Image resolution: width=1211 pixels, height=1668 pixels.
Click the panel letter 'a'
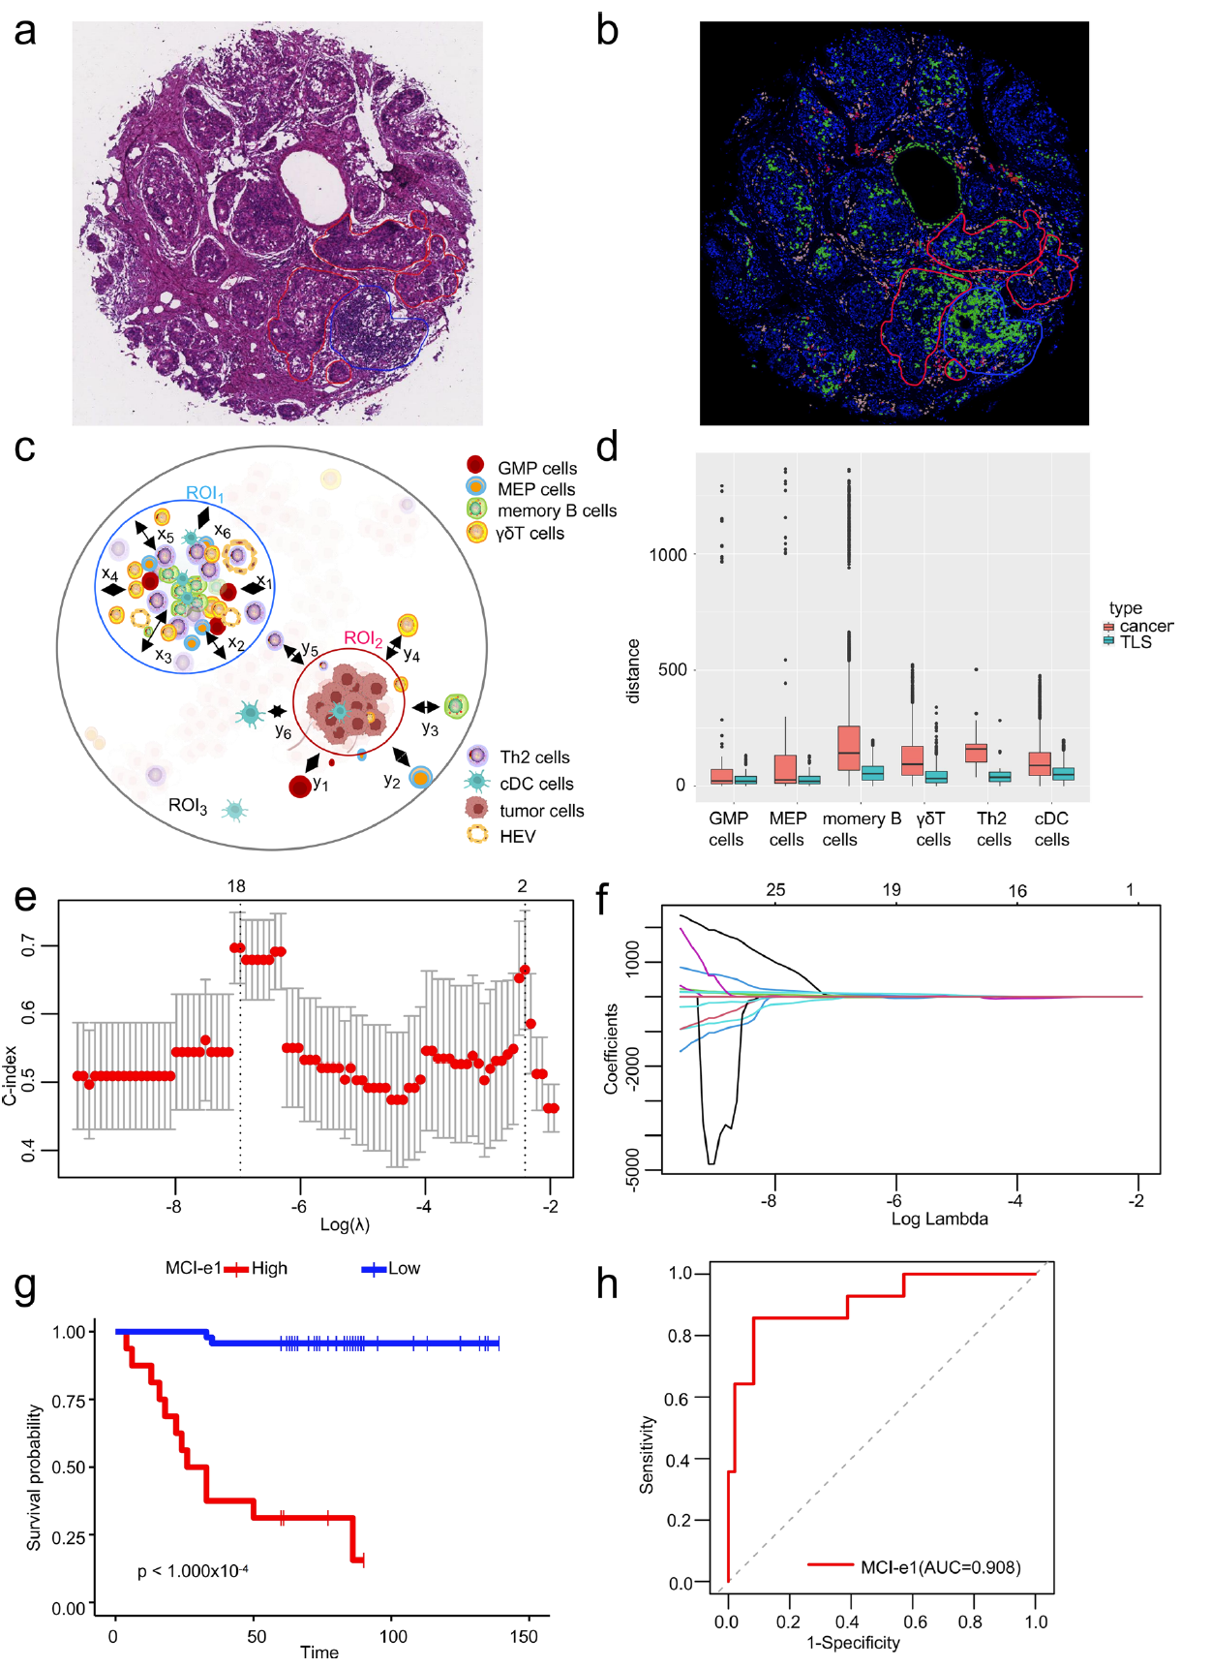(x=25, y=31)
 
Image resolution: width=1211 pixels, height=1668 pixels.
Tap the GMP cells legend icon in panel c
(x=474, y=465)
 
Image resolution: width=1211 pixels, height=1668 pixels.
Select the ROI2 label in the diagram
(x=363, y=638)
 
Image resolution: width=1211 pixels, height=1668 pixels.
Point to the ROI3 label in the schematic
(x=188, y=806)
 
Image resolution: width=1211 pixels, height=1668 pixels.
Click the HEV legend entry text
(x=517, y=837)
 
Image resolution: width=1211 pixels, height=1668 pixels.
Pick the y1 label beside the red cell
(x=320, y=784)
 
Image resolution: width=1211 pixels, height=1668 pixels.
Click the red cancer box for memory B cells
(x=848, y=748)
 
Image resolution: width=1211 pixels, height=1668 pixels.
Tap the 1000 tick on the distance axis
(x=668, y=555)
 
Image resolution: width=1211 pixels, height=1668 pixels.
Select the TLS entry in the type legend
(x=1135, y=642)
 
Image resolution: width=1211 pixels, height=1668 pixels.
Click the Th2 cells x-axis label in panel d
(x=993, y=829)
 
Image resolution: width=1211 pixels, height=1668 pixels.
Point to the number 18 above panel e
(x=236, y=886)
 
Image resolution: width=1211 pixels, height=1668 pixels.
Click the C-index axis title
(x=11, y=1075)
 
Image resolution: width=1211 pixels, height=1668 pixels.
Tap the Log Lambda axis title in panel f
(x=939, y=1220)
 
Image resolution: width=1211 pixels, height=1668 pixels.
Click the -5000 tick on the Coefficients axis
(x=633, y=1169)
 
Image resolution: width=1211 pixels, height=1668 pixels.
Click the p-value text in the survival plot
(x=193, y=1571)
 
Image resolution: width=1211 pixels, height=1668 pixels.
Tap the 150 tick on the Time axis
(x=524, y=1637)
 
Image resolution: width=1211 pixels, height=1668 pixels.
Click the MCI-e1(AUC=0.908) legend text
(x=940, y=1567)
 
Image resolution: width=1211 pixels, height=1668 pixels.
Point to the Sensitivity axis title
(x=648, y=1455)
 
